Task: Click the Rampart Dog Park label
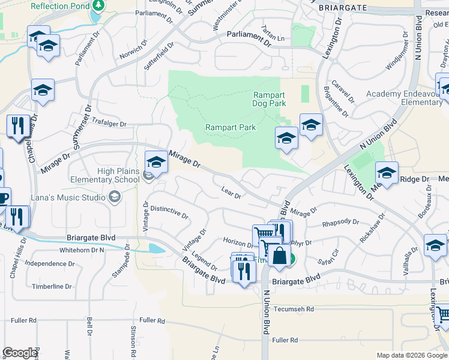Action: tap(269, 99)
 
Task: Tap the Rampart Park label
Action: tap(231, 127)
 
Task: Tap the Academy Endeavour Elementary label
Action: tap(404, 98)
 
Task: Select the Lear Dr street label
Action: tap(231, 193)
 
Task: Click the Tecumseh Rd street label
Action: tap(294, 309)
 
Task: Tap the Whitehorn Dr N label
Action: tap(82, 250)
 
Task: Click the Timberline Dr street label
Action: tap(52, 286)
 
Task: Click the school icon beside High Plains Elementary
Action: tap(156, 163)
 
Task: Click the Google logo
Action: tap(20, 353)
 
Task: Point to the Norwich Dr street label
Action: tap(133, 53)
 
